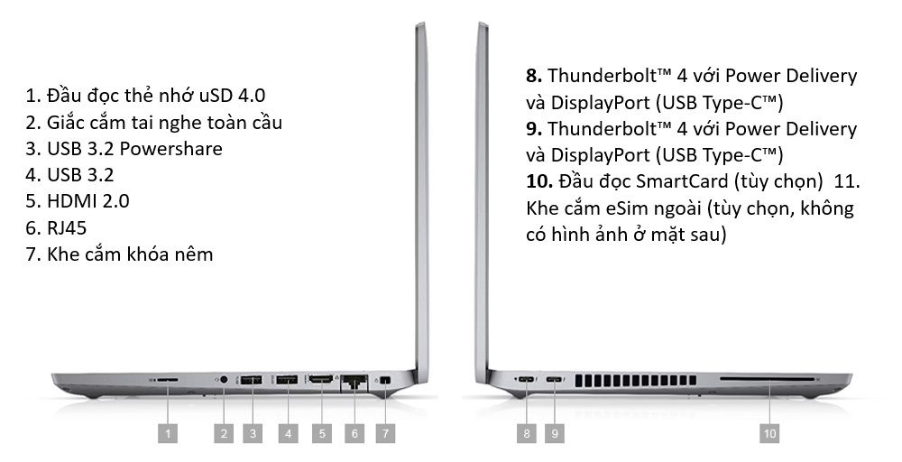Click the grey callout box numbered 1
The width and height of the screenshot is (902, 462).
click(168, 433)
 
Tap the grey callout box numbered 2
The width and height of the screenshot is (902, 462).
click(224, 433)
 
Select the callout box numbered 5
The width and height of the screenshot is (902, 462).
click(322, 433)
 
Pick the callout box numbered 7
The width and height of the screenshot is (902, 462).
click(385, 433)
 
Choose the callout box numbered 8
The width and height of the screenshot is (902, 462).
click(527, 433)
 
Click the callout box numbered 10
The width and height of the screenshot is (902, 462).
click(769, 433)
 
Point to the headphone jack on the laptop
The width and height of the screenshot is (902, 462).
click(224, 380)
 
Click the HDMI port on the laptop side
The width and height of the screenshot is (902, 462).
click(322, 379)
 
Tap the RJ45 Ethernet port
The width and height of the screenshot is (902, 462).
click(354, 382)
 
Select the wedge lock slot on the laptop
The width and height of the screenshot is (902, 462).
click(385, 380)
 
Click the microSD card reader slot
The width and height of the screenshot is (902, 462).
click(168, 380)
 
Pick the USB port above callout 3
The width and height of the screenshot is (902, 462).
click(252, 380)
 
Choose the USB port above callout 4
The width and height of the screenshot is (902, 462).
click(287, 380)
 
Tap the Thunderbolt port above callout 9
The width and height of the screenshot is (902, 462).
click(555, 380)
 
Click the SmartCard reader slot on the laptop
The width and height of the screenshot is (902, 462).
click(768, 379)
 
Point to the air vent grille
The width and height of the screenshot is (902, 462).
click(636, 380)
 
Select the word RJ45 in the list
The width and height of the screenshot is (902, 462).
click(67, 227)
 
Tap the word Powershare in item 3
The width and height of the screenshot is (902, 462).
click(170, 149)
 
